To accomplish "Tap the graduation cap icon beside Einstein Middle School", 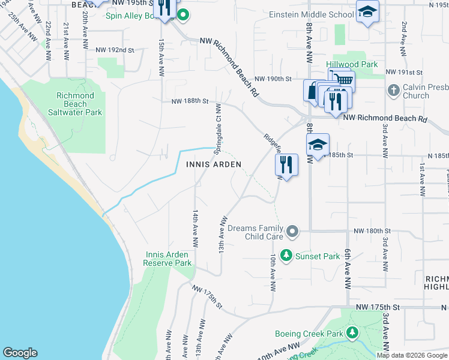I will point(367,13).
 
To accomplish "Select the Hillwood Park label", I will point(352,64).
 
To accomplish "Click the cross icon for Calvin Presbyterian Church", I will point(393,91).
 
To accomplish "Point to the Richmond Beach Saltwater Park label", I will point(75,104).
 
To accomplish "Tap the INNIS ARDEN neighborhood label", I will point(214,164).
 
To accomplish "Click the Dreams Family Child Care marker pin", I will point(292,231).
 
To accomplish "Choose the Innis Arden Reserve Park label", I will point(169,259).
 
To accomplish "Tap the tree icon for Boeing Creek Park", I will point(352,332).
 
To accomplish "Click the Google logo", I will point(20,353).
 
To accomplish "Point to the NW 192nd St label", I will point(115,50).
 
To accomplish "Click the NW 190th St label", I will point(273,79).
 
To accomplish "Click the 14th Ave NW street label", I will point(195,229).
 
